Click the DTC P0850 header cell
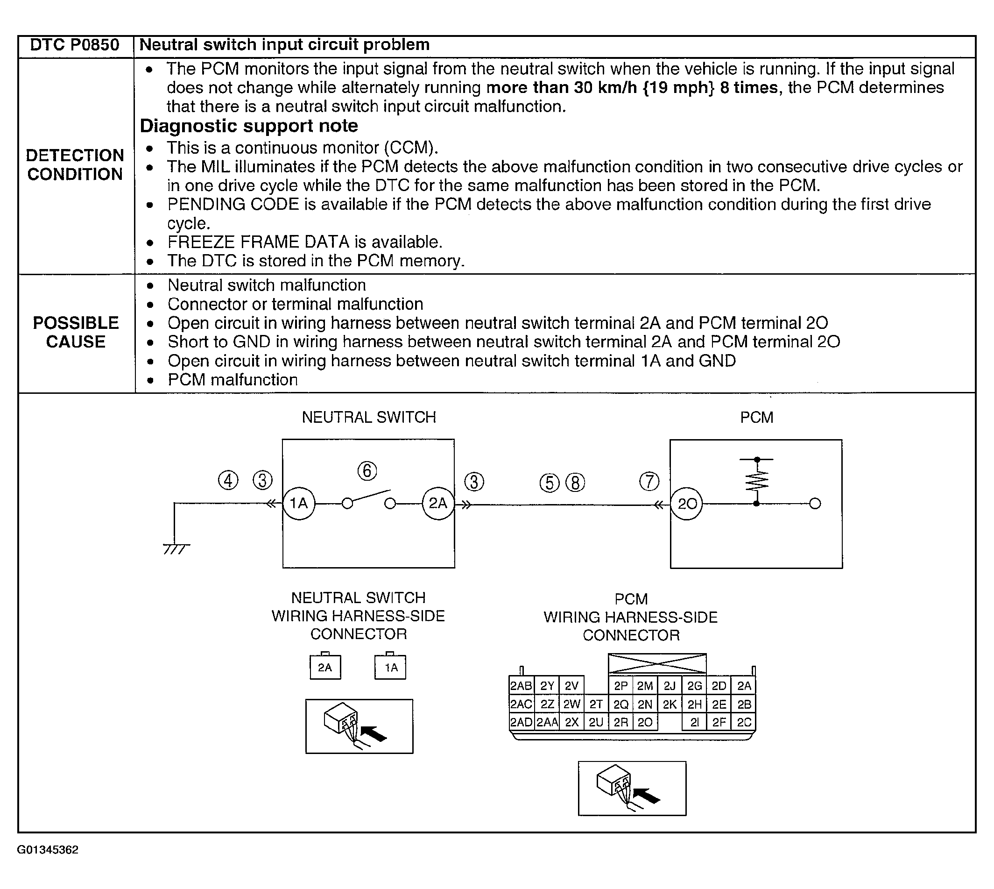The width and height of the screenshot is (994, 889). (75, 45)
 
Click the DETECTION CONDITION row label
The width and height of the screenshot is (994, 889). (75, 164)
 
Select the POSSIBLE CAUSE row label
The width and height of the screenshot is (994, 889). (76, 332)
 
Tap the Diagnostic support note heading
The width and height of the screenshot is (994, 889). (249, 126)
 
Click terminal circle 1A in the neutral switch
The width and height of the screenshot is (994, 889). (299, 503)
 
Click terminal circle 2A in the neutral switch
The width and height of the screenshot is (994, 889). (437, 503)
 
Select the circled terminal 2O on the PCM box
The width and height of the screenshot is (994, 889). (687, 504)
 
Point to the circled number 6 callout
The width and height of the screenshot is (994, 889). (367, 471)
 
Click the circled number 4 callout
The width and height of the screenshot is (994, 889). (228, 481)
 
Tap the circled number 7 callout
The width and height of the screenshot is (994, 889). (649, 481)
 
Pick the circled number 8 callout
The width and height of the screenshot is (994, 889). (575, 483)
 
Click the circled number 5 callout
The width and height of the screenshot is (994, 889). (549, 483)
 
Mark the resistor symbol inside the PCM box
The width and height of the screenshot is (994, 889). (756, 481)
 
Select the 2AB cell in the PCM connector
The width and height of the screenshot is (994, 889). (521, 686)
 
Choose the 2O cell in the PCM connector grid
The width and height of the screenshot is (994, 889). (645, 722)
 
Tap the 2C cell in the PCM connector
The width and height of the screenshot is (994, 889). (744, 722)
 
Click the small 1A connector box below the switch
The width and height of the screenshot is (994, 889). (390, 667)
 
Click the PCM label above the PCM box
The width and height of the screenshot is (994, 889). (756, 418)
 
